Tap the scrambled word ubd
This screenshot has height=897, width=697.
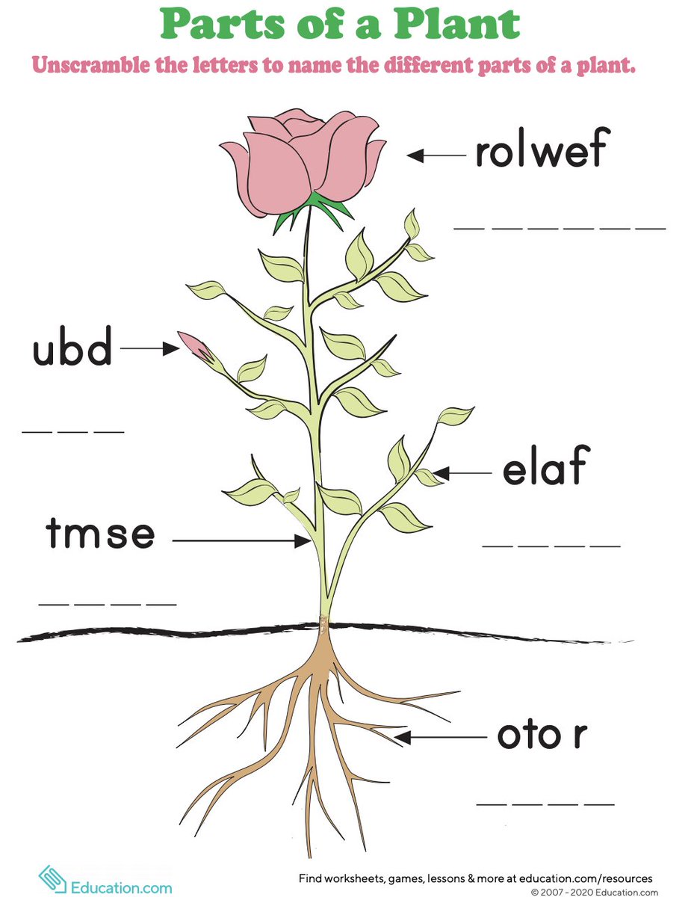(x=72, y=349)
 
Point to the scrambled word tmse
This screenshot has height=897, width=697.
(x=100, y=534)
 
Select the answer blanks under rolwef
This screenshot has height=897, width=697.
(x=560, y=226)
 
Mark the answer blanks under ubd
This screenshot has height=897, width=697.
(x=72, y=431)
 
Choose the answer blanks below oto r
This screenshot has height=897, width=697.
(x=545, y=804)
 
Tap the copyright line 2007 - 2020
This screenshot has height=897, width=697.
(x=595, y=892)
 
